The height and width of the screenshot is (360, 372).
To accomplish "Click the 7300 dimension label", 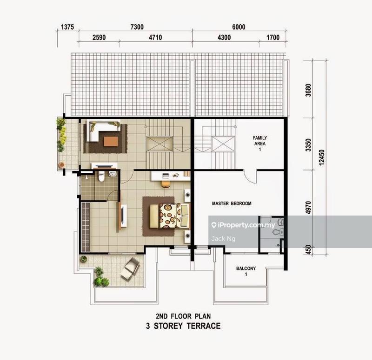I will pyautogui.click(x=134, y=27).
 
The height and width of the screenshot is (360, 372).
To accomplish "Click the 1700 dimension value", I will pyautogui.click(x=272, y=37).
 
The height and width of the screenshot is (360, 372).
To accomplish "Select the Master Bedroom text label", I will pyautogui.click(x=232, y=203).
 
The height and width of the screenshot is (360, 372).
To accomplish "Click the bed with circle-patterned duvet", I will pyautogui.click(x=168, y=216).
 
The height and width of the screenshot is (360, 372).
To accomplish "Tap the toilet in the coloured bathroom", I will pyautogui.click(x=101, y=177).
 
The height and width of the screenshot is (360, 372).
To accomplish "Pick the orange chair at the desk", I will pyautogui.click(x=165, y=183).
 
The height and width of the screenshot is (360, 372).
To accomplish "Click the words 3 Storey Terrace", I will pyautogui.click(x=183, y=326).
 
